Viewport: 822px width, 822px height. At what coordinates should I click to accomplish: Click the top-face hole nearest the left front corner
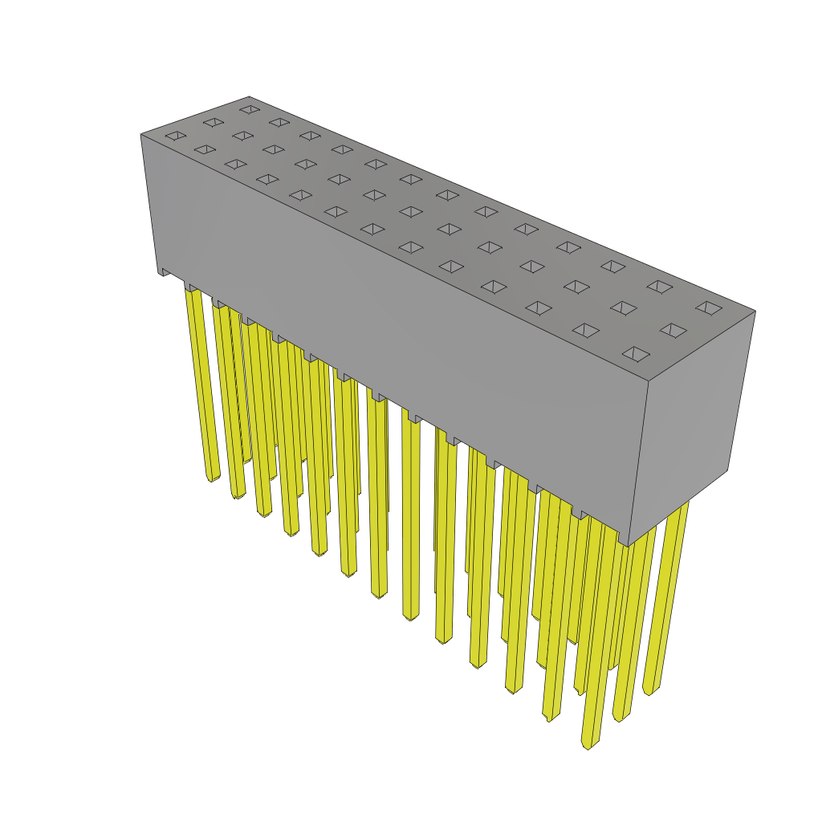[x=176, y=136]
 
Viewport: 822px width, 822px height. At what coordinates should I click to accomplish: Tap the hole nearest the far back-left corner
[x=250, y=109]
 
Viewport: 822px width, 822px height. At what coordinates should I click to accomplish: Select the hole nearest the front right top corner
[x=636, y=354]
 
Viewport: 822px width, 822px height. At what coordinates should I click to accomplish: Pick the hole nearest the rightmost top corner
[x=709, y=307]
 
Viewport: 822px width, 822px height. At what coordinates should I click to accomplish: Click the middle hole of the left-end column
[x=213, y=122]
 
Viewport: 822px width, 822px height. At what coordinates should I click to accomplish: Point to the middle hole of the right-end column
[x=673, y=330]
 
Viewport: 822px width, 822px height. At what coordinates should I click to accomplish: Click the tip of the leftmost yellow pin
[x=213, y=478]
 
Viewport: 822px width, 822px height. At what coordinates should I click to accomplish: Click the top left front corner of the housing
[x=141, y=134]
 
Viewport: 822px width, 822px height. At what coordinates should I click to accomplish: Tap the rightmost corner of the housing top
[x=755, y=311]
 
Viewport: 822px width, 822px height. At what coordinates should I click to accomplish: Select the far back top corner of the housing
[x=249, y=97]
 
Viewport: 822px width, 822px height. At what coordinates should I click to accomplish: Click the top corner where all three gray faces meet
[x=648, y=380]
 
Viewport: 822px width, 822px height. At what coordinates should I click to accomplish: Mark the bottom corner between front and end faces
[x=628, y=545]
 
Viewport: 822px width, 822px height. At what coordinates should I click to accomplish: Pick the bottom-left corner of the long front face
[x=159, y=274]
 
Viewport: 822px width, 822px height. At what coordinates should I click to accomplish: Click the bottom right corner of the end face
[x=728, y=470]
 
